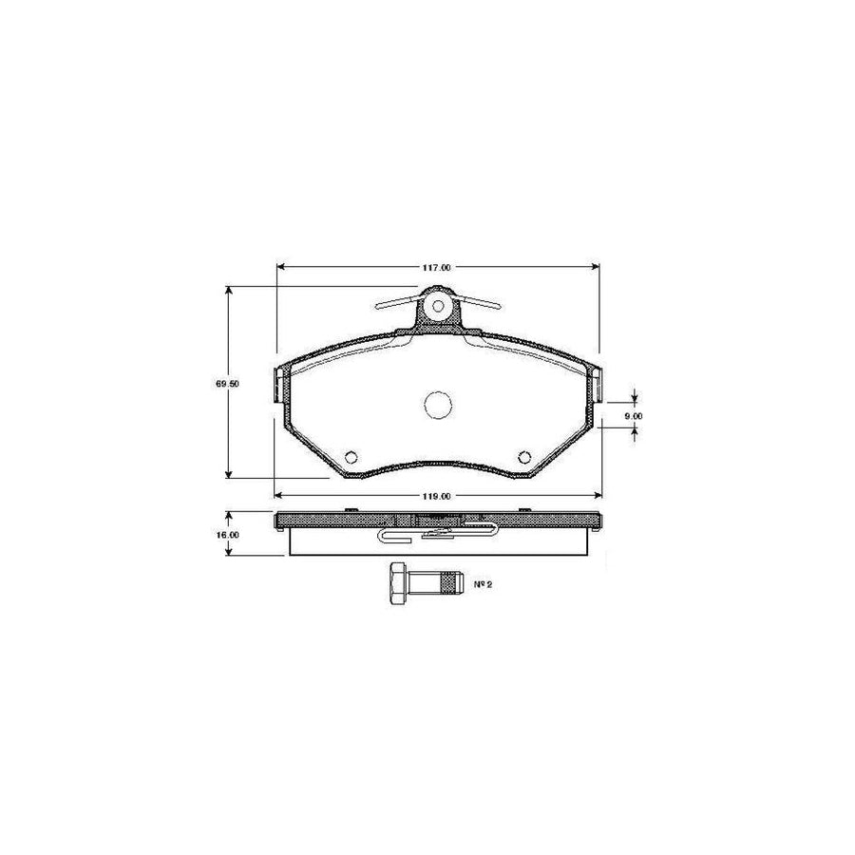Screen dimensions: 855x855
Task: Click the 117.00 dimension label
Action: [x=435, y=269]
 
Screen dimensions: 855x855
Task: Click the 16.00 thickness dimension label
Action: [x=227, y=535]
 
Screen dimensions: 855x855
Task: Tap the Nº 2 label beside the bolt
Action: [x=483, y=584]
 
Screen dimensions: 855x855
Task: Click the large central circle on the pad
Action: [x=437, y=405]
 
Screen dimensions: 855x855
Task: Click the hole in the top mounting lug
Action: [x=437, y=307]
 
